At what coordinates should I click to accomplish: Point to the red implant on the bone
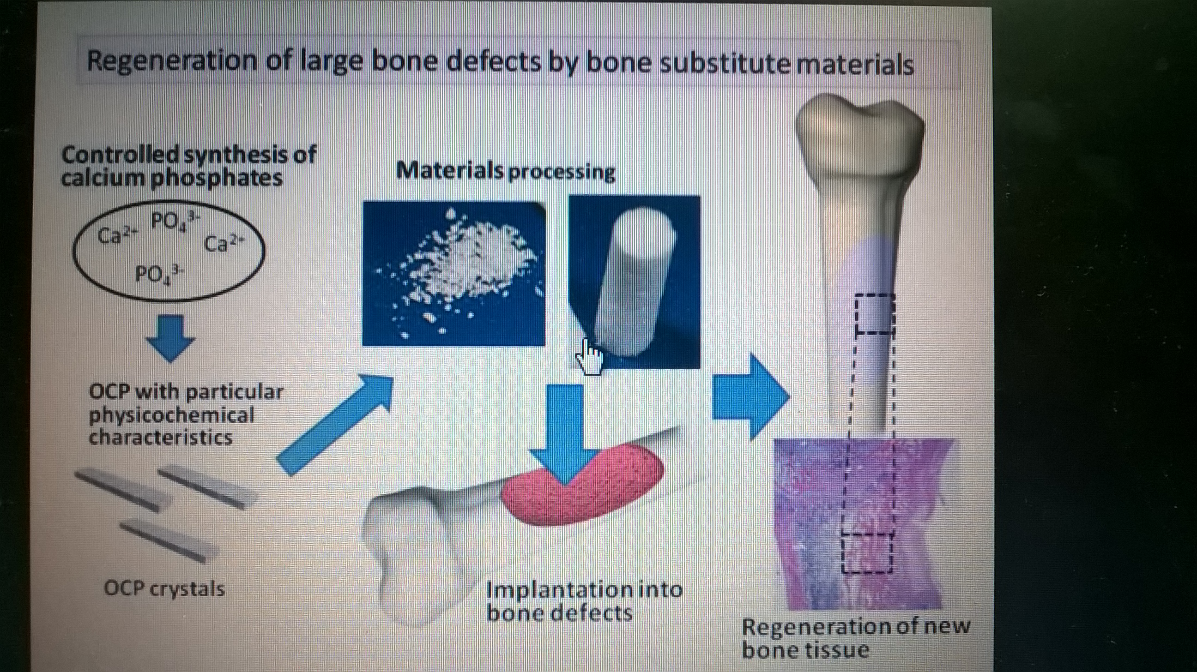coord(583,485)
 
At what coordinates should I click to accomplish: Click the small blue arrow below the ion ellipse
coord(170,339)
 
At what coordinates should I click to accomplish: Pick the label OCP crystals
coord(164,589)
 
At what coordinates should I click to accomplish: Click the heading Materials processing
coord(506,171)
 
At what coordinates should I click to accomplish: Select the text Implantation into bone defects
coord(584,601)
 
